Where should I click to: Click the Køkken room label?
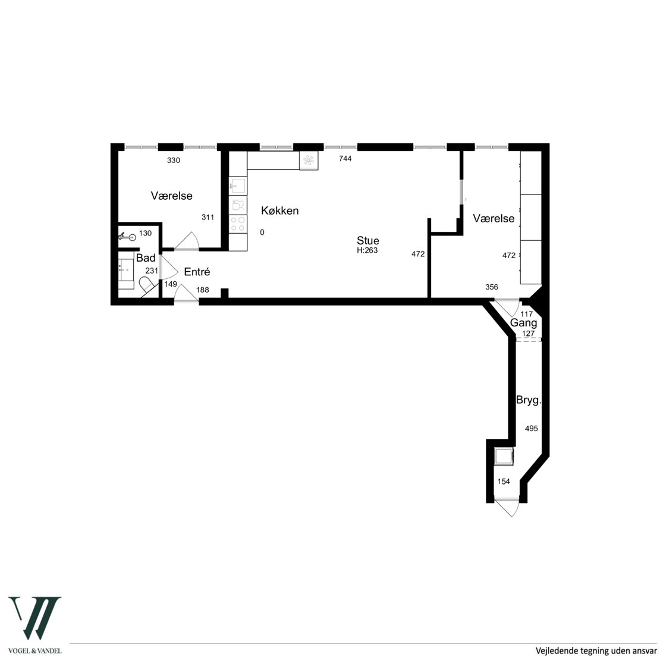click(280, 210)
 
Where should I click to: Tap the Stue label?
click(368, 240)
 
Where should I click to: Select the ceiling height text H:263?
click(367, 250)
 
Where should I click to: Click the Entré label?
click(197, 272)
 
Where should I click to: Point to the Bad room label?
click(146, 257)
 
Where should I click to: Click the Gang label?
click(524, 323)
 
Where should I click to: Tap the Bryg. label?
click(529, 400)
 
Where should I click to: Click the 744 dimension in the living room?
click(345, 159)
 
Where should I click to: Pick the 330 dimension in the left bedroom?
click(174, 161)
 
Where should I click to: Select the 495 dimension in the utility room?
click(531, 429)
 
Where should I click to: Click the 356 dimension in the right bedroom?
click(492, 287)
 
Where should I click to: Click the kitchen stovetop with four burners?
click(238, 224)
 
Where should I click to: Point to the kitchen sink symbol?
click(238, 186)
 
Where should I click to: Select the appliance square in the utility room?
click(504, 456)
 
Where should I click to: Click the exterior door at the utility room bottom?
click(507, 508)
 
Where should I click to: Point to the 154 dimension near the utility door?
click(504, 482)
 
